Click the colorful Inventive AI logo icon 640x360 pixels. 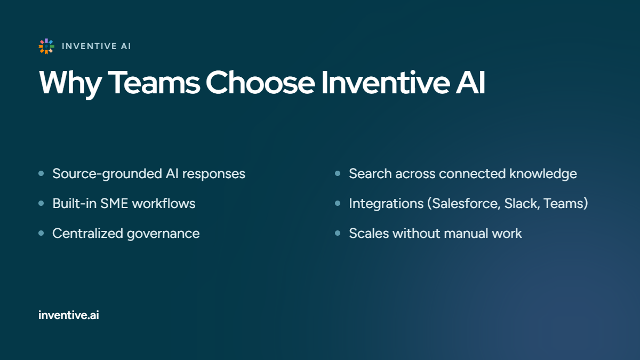[x=46, y=46]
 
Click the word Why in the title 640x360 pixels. [x=70, y=83]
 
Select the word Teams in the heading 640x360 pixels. [x=154, y=83]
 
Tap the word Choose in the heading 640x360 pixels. [x=260, y=83]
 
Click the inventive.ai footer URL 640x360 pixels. [x=69, y=315]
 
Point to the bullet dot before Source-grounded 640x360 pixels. [x=41, y=173]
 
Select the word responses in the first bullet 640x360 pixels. [x=214, y=174]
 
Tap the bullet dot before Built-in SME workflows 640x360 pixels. [x=41, y=203]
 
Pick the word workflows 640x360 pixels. [x=164, y=203]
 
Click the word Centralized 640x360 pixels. [x=87, y=234]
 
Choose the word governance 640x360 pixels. [x=163, y=234]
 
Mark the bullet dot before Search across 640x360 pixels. [x=338, y=173]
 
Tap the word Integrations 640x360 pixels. [x=386, y=204]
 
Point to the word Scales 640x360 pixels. [x=369, y=234]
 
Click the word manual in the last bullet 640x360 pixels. [x=466, y=234]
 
